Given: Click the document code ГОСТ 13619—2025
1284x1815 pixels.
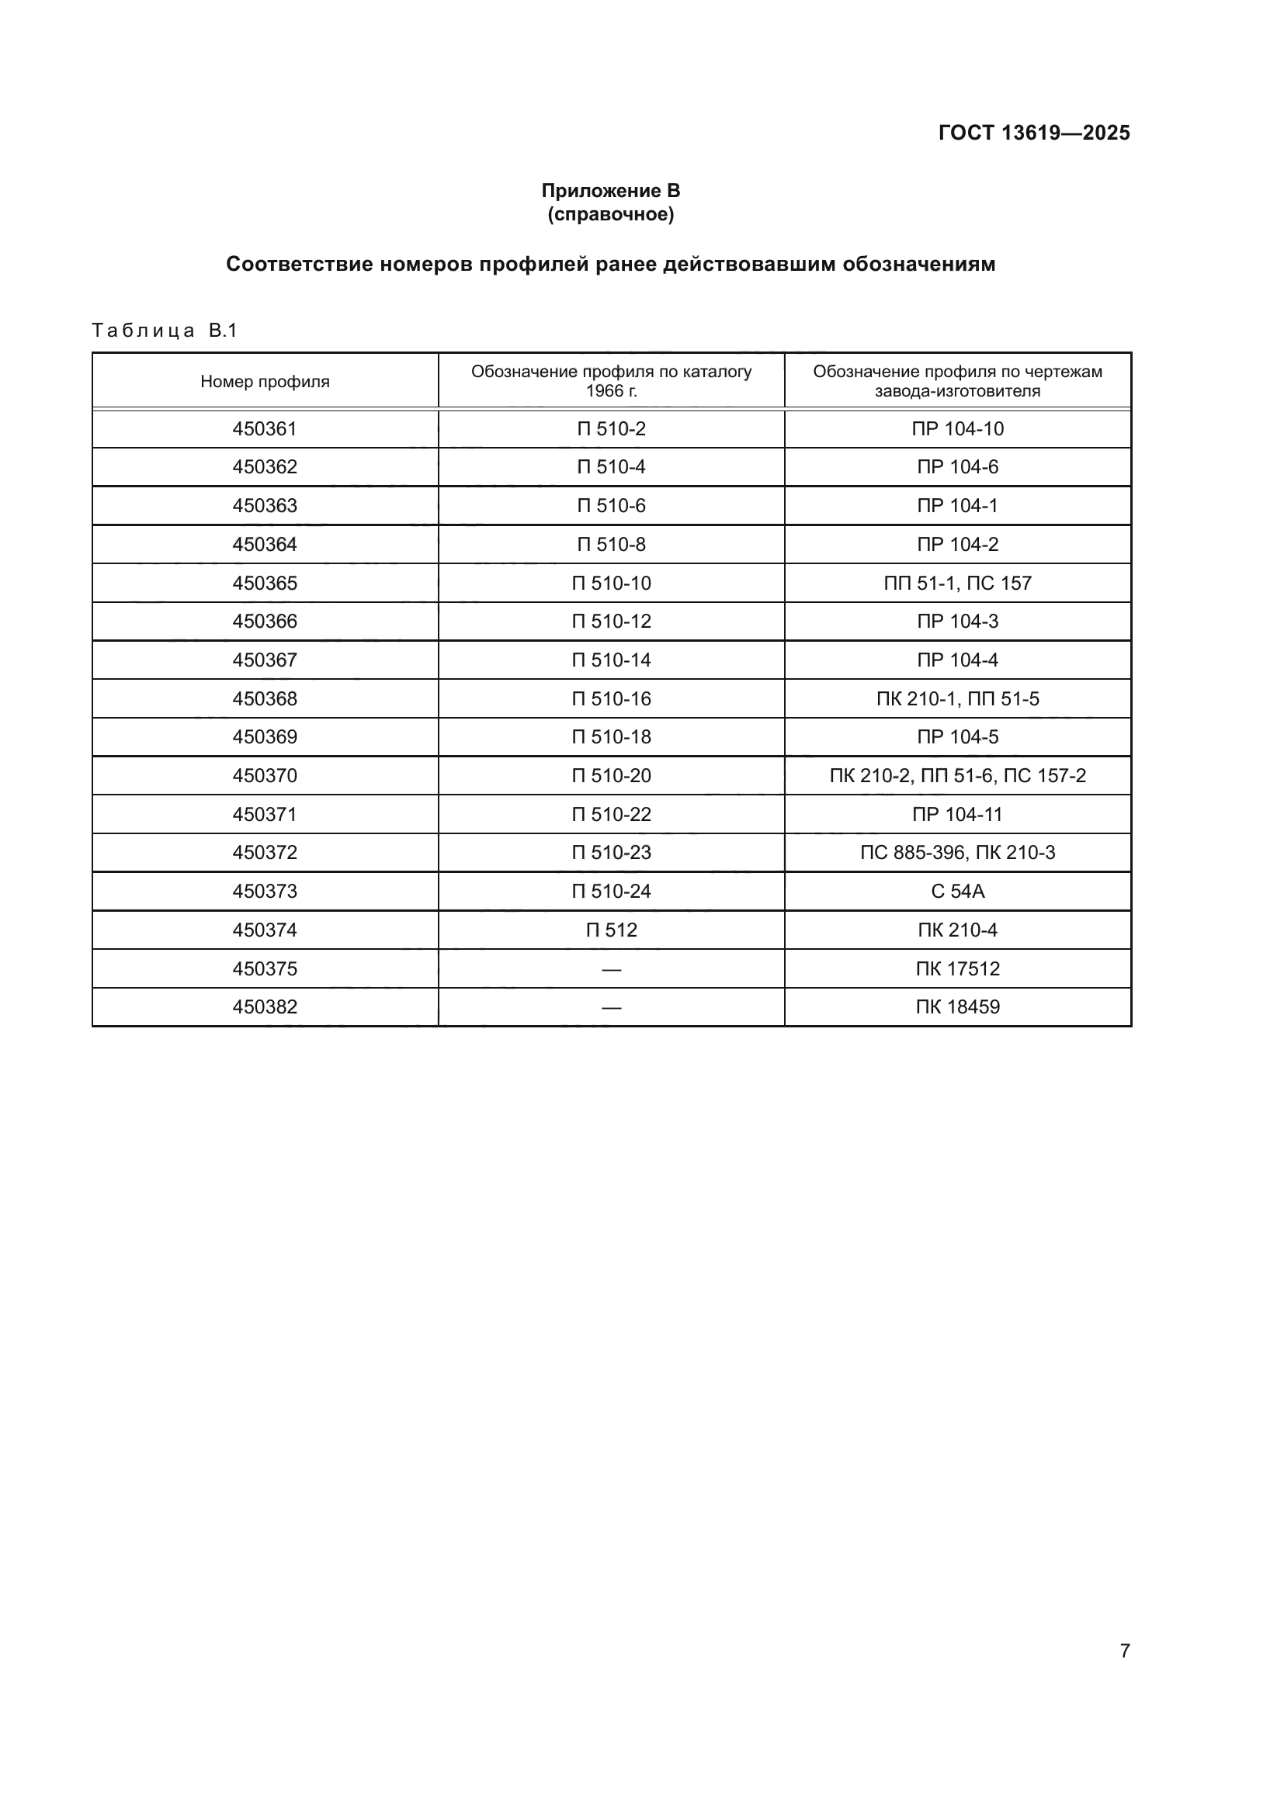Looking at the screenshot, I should [x=1033, y=133].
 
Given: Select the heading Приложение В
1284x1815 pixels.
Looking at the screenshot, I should [x=610, y=191].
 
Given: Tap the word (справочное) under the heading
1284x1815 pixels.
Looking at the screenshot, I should [x=610, y=214].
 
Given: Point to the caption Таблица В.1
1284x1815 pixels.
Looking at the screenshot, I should [x=165, y=331].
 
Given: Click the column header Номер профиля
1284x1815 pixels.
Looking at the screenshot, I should [x=265, y=382].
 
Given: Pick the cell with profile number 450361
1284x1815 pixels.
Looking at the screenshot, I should [x=265, y=429].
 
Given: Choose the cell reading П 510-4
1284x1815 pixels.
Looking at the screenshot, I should [x=611, y=467].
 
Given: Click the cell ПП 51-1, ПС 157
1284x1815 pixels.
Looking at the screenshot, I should [x=957, y=584].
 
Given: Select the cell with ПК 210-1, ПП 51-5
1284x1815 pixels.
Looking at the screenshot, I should [x=957, y=699].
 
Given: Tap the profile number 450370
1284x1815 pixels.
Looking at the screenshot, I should [x=265, y=776].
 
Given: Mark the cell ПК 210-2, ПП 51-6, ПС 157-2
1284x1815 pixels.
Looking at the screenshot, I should [x=957, y=776].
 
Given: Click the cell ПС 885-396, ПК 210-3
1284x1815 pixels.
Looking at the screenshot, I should [x=957, y=853].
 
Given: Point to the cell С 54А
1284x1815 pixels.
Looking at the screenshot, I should [x=957, y=892].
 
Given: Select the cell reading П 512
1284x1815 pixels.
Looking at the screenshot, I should [x=611, y=930].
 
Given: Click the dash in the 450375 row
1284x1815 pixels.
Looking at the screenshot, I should [x=611, y=969].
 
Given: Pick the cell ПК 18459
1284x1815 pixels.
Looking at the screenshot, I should [x=957, y=1007].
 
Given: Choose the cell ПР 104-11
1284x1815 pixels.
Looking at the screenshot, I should [x=957, y=814].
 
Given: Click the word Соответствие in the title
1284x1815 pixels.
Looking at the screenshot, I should [x=299, y=264].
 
